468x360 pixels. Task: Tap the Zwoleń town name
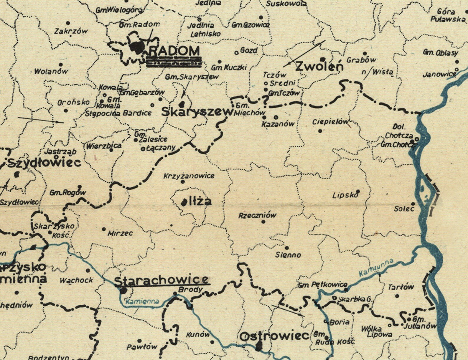tap(319, 66)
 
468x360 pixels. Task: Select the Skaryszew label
tap(197, 112)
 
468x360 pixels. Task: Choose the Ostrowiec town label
tap(274, 336)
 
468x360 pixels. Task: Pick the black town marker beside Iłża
tap(184, 202)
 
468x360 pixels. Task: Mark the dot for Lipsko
tap(358, 191)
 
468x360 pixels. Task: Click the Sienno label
tap(288, 255)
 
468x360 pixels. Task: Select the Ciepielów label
tap(330, 122)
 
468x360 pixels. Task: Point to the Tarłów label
tap(401, 287)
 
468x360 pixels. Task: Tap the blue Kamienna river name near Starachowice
tap(142, 301)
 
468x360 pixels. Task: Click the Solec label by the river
tap(404, 209)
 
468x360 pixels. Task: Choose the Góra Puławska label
tap(447, 16)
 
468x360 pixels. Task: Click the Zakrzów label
tap(71, 31)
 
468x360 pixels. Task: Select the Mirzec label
tap(120, 233)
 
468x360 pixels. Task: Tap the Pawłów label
tap(142, 347)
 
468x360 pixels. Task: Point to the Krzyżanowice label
tap(189, 176)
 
